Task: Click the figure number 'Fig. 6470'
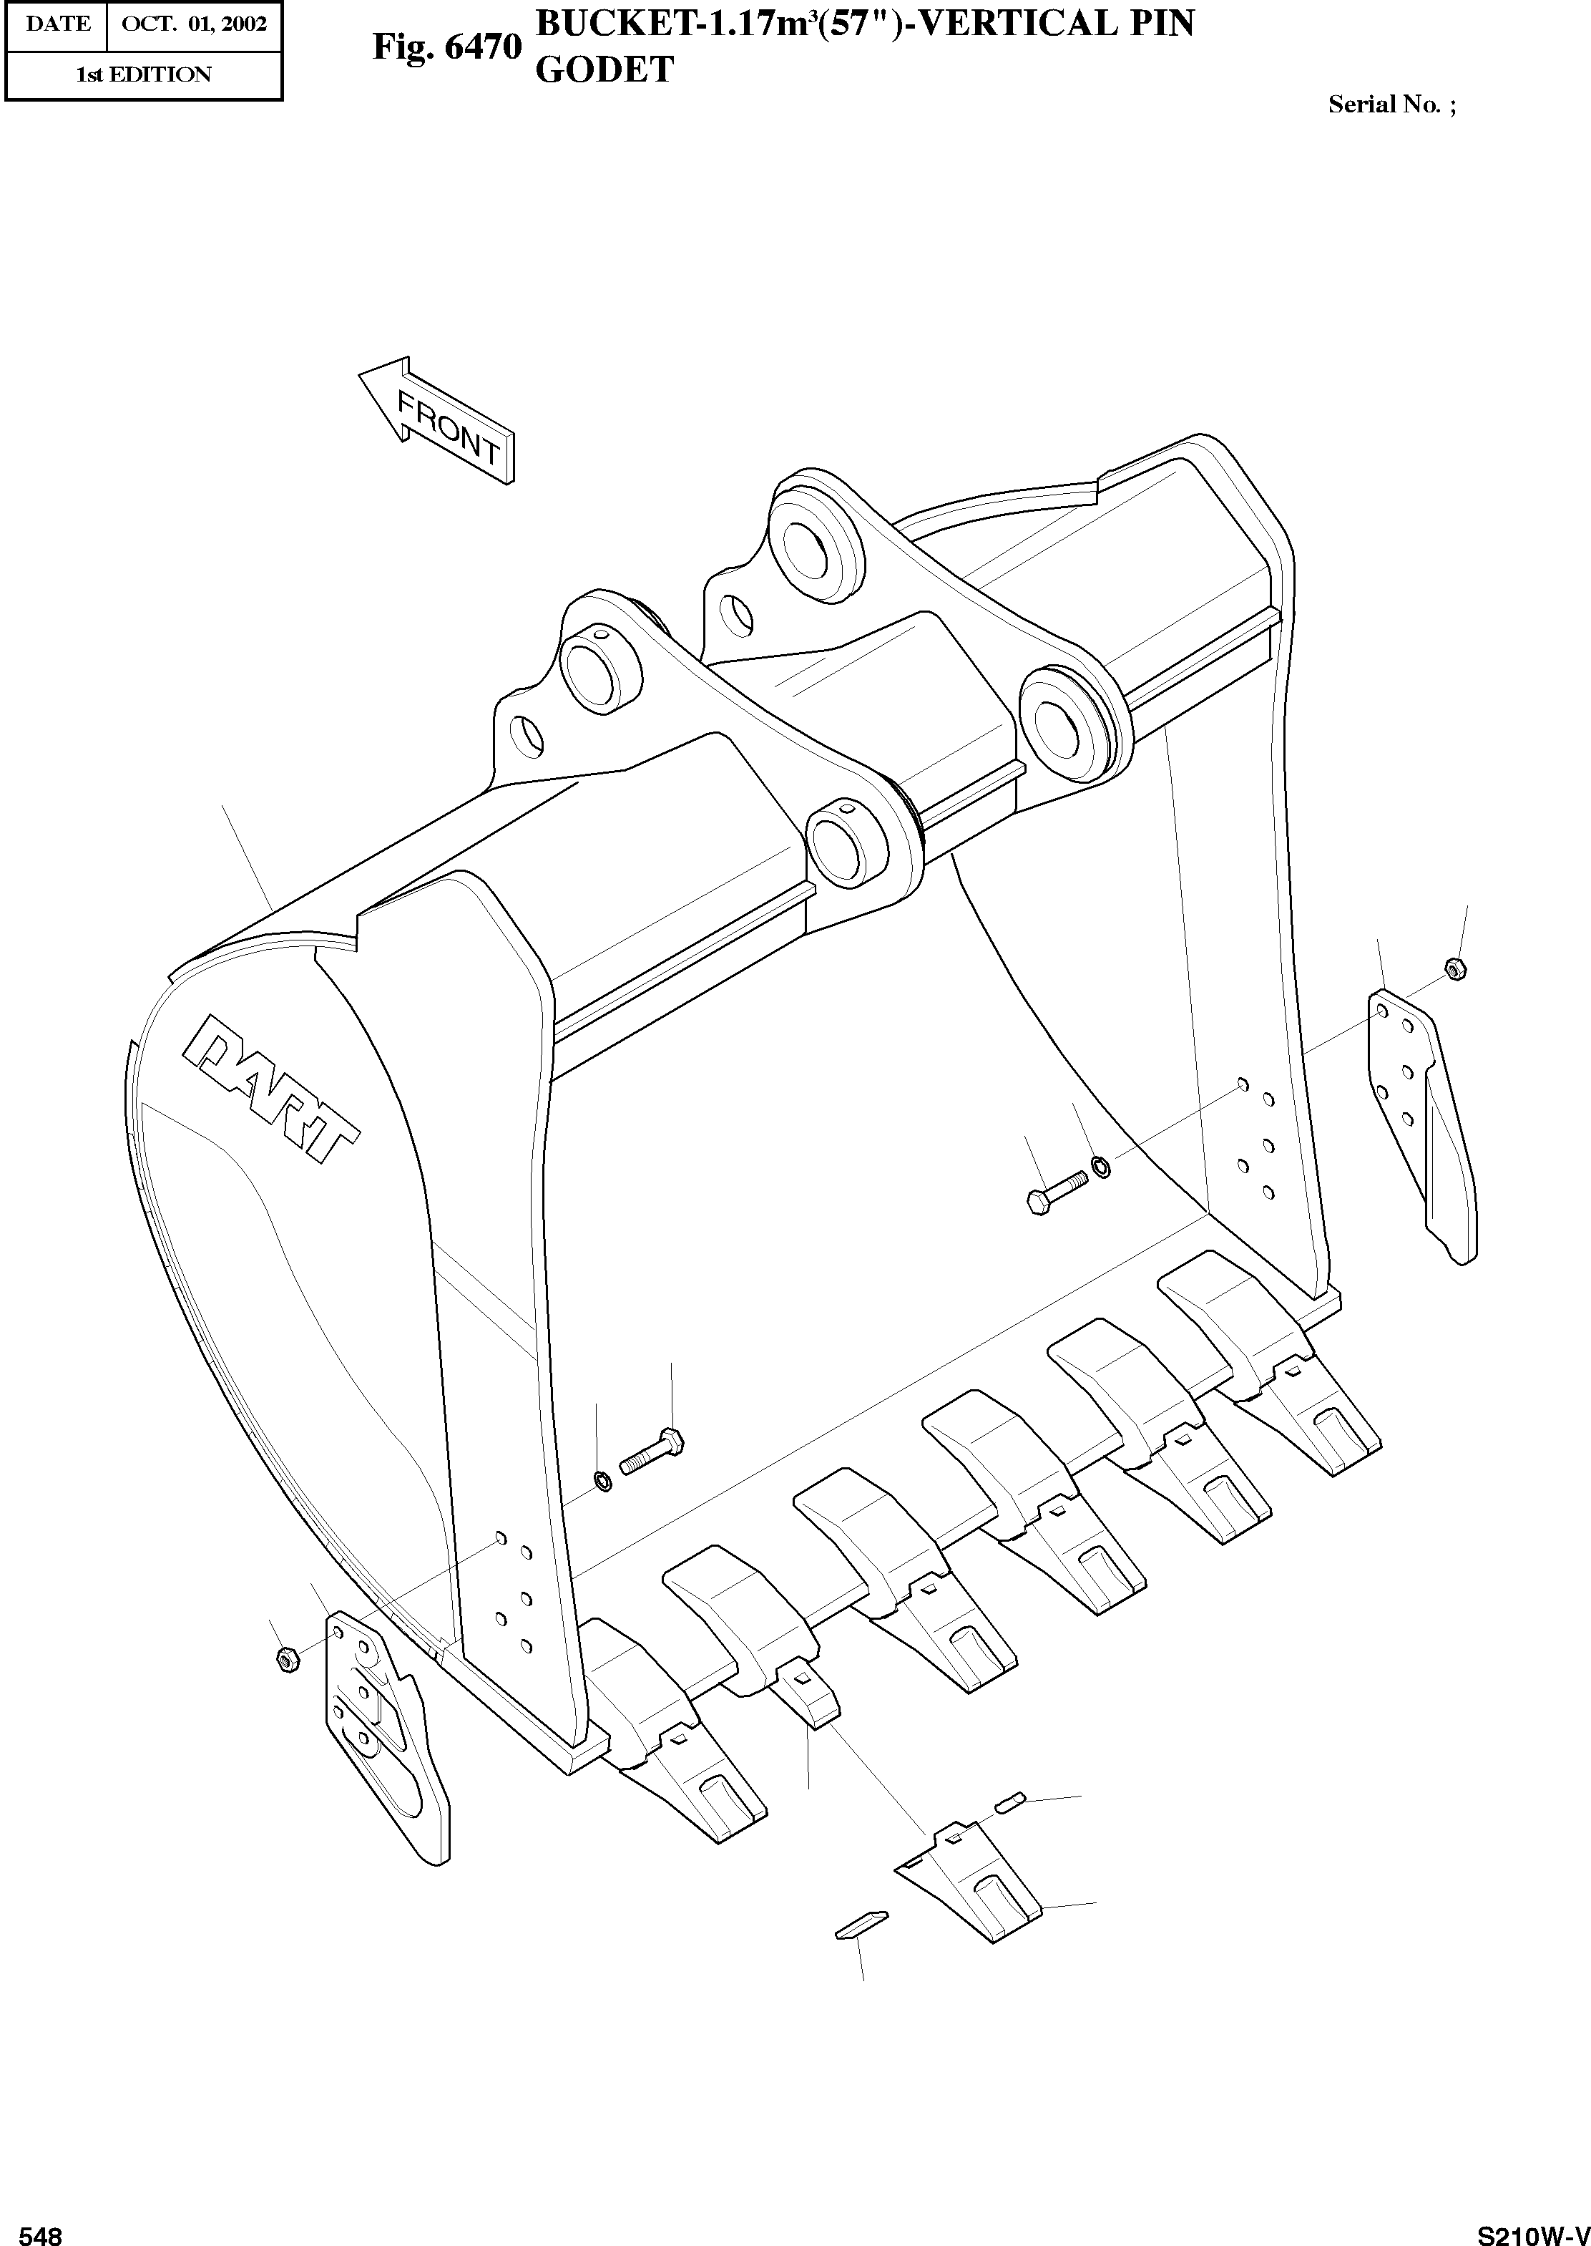(x=446, y=47)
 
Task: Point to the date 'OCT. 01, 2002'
(x=194, y=24)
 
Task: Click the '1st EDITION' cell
(x=143, y=74)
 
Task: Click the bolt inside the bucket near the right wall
(x=1058, y=1192)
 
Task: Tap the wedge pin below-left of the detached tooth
(x=861, y=1922)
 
